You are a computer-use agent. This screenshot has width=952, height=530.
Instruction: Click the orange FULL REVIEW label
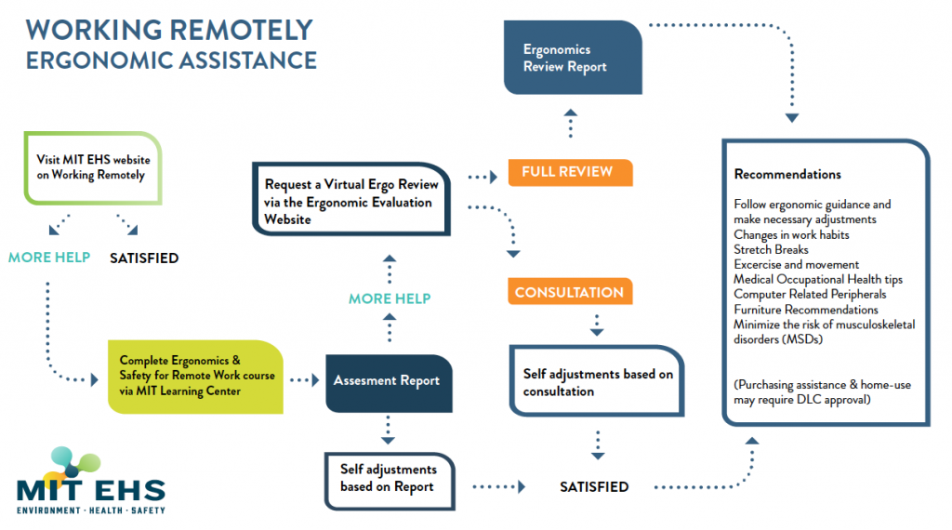tap(569, 172)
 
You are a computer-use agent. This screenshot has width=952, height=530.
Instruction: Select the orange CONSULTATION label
tap(569, 292)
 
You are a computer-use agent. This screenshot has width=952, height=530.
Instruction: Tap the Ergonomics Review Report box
tap(572, 58)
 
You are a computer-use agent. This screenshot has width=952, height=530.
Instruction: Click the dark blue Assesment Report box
tap(389, 380)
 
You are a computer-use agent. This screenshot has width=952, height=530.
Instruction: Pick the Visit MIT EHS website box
tap(93, 167)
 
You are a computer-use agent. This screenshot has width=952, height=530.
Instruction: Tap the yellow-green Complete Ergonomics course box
tap(195, 377)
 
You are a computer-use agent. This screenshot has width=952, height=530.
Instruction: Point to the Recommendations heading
tap(787, 174)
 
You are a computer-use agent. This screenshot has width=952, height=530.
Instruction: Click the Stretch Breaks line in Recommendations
tap(771, 249)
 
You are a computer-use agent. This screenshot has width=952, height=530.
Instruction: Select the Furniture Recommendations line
tap(805, 310)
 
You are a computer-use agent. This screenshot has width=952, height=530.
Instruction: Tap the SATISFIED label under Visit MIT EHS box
tap(144, 258)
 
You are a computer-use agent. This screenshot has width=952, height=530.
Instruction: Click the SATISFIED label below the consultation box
tap(593, 486)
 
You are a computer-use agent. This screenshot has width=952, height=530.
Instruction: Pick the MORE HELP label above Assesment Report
tap(390, 298)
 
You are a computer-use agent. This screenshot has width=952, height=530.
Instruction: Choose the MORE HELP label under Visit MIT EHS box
tap(49, 258)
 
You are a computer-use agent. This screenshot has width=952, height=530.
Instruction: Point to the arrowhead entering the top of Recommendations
tap(791, 119)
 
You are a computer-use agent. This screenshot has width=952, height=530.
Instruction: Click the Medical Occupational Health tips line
tap(817, 279)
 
